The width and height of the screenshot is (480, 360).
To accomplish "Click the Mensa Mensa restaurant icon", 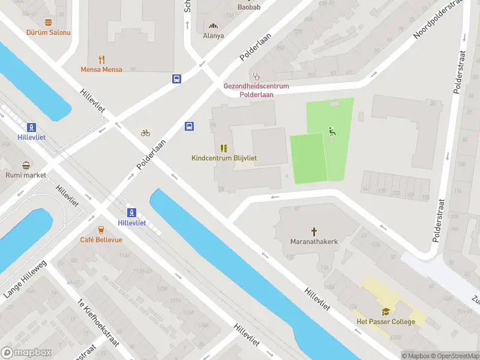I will tap(101, 59).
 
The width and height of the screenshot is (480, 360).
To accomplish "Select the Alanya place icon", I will tap(213, 25).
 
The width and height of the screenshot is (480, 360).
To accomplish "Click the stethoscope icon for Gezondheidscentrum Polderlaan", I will tap(257, 76).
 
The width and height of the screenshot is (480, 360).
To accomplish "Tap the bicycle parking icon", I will tap(145, 133).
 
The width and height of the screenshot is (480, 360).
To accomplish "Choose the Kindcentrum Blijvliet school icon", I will tap(224, 148).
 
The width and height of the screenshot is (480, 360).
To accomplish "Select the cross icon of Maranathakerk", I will tap(314, 231).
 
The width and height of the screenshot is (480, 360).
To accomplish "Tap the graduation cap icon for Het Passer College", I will tap(386, 311).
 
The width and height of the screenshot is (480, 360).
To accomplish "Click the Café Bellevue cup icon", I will tap(101, 229).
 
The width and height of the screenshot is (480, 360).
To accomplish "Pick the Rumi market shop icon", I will tap(26, 165).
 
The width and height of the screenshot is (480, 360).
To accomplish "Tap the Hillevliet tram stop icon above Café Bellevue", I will tap(132, 212).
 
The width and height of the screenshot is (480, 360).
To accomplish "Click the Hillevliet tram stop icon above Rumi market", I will tap(31, 127).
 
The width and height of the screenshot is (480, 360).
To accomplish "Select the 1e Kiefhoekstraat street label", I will tap(99, 325).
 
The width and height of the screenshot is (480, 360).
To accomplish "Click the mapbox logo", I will tap(26, 353).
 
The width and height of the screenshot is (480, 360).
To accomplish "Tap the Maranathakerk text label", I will tap(314, 242).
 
